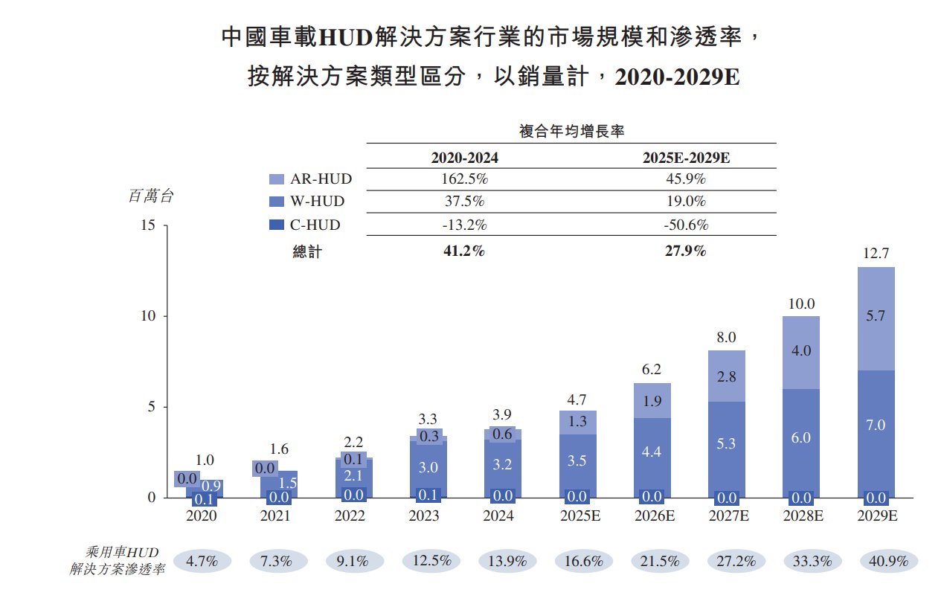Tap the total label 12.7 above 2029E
876,254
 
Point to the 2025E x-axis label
577,516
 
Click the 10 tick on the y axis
147,316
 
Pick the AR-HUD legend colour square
277,179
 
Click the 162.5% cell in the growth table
464,179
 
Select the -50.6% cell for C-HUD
685,225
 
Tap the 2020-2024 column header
464,158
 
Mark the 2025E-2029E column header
685,158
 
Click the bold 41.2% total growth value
464,251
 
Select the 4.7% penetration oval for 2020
201,562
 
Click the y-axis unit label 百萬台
151,196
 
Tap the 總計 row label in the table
307,252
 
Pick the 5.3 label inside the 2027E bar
727,444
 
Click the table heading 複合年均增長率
571,132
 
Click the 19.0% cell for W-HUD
685,202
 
